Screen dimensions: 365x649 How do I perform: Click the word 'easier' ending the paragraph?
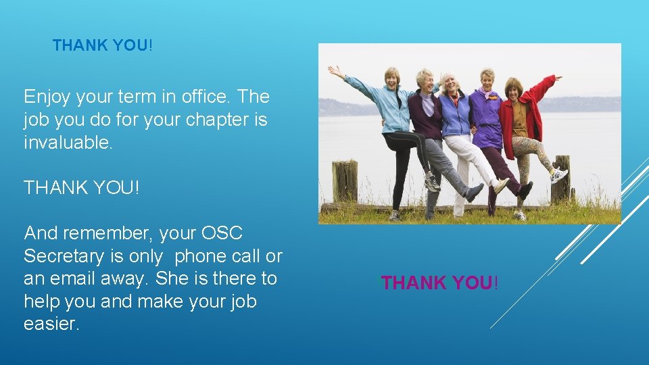pos(51,324)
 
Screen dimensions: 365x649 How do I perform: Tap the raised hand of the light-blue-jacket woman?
pos(333,70)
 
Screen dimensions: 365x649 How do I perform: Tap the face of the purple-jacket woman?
pos(487,80)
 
